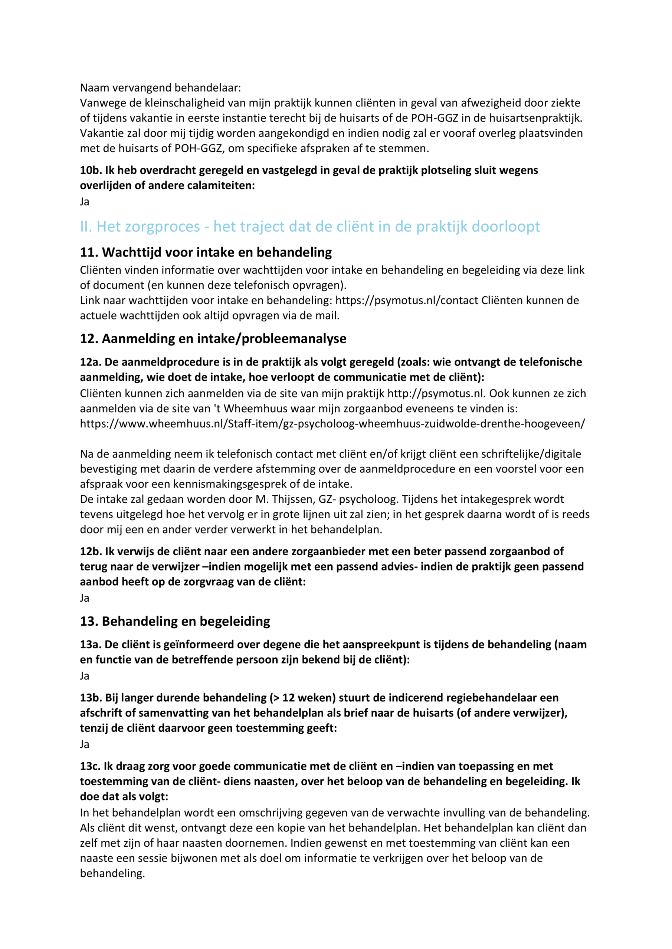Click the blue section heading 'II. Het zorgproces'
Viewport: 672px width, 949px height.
click(309, 226)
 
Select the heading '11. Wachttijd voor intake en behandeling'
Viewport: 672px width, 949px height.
click(206, 252)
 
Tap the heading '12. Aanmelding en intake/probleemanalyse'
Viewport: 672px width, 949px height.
click(213, 338)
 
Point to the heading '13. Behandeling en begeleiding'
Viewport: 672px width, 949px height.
click(175, 621)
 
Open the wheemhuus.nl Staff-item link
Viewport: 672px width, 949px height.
click(332, 424)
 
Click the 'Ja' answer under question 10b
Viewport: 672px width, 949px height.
click(84, 202)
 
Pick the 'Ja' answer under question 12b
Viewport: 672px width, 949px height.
click(84, 598)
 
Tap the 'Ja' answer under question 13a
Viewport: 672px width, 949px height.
click(84, 676)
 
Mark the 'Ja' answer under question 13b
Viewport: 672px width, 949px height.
click(84, 744)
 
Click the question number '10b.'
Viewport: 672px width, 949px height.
click(91, 170)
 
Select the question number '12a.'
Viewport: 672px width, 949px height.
click(91, 362)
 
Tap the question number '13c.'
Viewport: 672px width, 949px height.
click(90, 766)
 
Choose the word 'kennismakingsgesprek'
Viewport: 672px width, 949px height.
click(237, 484)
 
